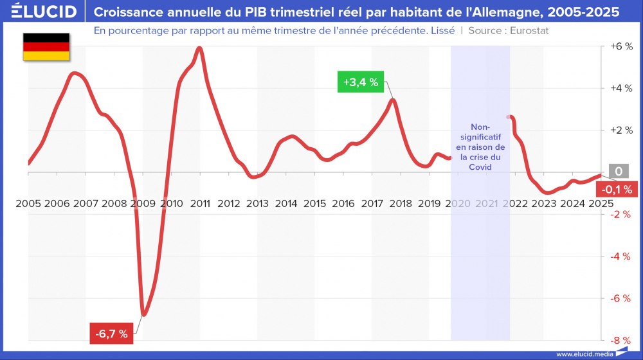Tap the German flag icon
pyautogui.click(x=46, y=46)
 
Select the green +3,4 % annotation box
pyautogui.click(x=359, y=82)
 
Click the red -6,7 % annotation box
pyautogui.click(x=112, y=334)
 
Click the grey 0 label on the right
pyautogui.click(x=619, y=172)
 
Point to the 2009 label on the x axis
pyautogui.click(x=143, y=204)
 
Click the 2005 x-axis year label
pyautogui.click(x=28, y=204)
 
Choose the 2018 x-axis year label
pyautogui.click(x=401, y=204)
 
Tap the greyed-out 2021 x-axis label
pyautogui.click(x=487, y=204)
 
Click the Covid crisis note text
pyautogui.click(x=480, y=147)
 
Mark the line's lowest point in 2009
pyautogui.click(x=143, y=314)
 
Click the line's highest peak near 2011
pyautogui.click(x=199, y=48)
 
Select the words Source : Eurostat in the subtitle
pyautogui.click(x=509, y=30)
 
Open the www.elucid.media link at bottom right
pyautogui.click(x=584, y=354)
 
